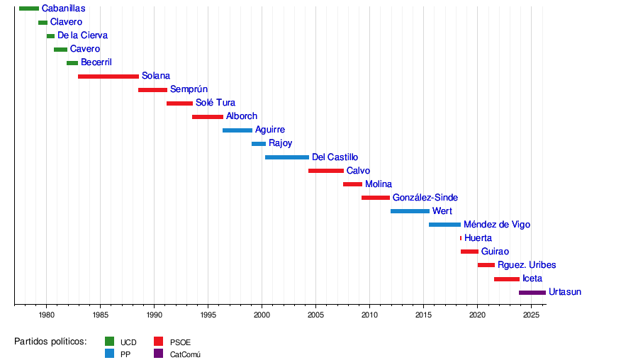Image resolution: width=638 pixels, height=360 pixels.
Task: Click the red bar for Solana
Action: coord(108,77)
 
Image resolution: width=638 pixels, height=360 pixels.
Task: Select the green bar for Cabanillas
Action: coord(29,9)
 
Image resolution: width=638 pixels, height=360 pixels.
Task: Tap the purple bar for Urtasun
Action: coord(532,293)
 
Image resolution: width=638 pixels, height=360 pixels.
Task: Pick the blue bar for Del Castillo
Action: coord(287,157)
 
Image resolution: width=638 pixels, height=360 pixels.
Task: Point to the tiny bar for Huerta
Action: coord(461,238)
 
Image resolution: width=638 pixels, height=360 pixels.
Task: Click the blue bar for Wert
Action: coord(410,211)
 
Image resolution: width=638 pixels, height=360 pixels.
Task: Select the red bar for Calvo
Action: coord(326,171)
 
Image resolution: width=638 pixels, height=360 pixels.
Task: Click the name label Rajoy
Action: coord(280,143)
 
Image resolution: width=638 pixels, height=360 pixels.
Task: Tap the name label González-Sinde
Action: coord(425,198)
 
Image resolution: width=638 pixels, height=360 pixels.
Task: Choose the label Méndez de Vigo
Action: coord(496,225)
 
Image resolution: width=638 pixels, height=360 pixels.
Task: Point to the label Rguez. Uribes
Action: coord(527,265)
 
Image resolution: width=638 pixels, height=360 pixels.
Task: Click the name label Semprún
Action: coord(189,89)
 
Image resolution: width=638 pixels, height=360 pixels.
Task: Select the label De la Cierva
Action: coord(82,35)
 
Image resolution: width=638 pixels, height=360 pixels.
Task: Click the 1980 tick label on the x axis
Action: coord(47,314)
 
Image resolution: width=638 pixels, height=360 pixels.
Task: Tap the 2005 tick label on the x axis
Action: coord(316,314)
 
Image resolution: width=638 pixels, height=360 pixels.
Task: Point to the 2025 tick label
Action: coord(532,314)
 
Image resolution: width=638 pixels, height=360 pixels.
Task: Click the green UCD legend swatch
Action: coord(110,342)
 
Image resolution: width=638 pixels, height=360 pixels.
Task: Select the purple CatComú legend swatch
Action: coord(158,354)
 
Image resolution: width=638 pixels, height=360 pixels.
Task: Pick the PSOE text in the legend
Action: coord(180,342)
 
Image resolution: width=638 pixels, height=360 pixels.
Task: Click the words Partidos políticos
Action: coord(50,342)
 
